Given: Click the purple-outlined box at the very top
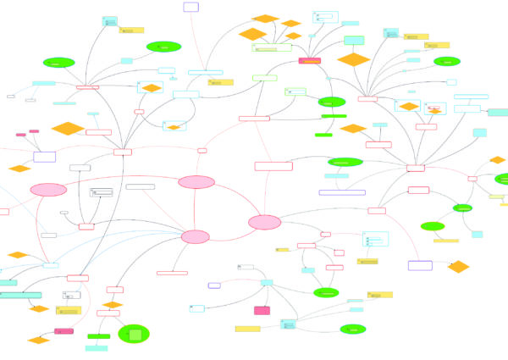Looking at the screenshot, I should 190,7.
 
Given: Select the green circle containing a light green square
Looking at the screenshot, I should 134,334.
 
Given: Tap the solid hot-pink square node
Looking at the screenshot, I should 262,310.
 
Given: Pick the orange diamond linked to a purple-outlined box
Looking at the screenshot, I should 458,267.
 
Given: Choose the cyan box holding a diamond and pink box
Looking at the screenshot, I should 435,108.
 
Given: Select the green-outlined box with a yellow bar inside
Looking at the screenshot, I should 271,48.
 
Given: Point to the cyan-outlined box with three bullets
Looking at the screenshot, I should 375,240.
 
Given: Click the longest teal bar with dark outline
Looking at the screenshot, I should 20,294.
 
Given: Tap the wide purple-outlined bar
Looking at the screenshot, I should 342,192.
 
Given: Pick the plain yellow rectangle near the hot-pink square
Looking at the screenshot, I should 247,329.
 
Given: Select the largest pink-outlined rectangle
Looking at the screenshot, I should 273,166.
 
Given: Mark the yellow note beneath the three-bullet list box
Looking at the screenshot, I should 367,262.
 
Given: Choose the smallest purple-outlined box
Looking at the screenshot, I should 215,285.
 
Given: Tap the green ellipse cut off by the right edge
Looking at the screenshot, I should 501,180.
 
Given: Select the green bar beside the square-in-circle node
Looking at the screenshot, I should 98,336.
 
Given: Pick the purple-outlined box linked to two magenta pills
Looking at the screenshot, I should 45,157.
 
